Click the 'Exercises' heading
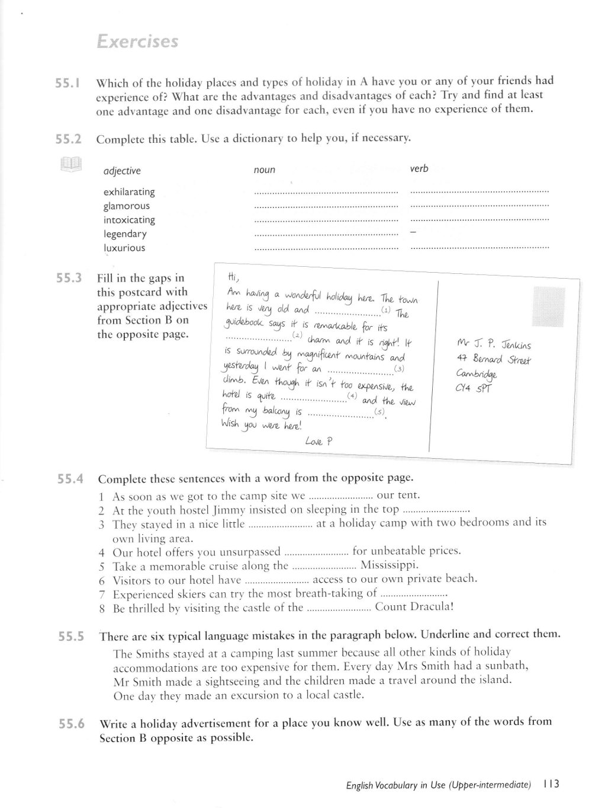click(x=137, y=42)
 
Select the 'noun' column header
click(x=264, y=170)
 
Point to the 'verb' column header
click(x=419, y=169)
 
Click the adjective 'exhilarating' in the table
click(x=129, y=192)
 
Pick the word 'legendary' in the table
click(x=124, y=234)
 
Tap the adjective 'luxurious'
click(x=124, y=248)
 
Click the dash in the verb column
click(x=413, y=233)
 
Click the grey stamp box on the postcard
click(x=549, y=306)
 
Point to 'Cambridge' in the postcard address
click(x=477, y=374)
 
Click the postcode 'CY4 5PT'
click(x=474, y=389)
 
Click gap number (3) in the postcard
click(x=400, y=369)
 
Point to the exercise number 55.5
click(x=71, y=637)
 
